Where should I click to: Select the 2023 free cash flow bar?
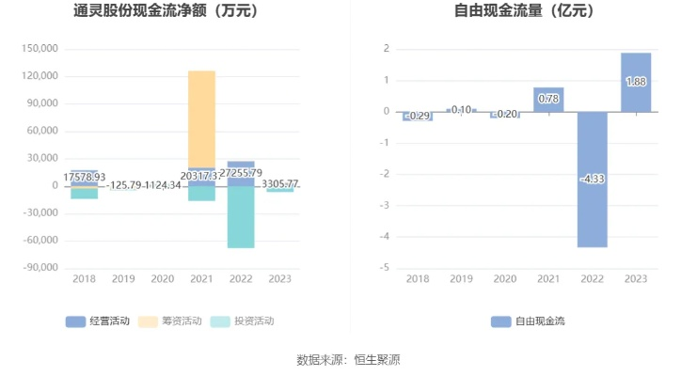click(636, 82)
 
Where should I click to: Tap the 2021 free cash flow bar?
click(548, 99)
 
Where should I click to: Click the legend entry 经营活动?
click(98, 321)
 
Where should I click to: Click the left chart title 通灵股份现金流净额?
click(165, 12)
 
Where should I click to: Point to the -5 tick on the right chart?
click(386, 268)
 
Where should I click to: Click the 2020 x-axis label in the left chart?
click(163, 279)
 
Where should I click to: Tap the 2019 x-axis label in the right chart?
click(461, 279)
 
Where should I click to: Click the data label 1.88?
click(636, 83)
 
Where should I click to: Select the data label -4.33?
click(593, 179)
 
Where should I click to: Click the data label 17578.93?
click(85, 177)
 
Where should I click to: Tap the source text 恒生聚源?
click(376, 359)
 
